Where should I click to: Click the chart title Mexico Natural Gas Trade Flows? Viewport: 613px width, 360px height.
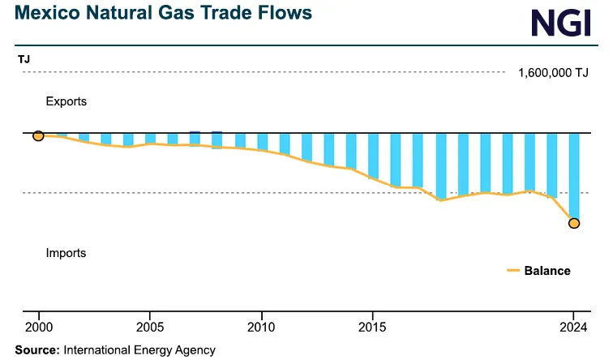(x=156, y=15)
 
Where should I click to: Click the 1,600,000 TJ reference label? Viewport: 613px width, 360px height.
(x=553, y=73)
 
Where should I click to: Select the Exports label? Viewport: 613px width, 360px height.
(x=66, y=102)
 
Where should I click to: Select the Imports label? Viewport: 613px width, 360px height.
(x=66, y=253)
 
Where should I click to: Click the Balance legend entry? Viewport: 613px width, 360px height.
(x=547, y=271)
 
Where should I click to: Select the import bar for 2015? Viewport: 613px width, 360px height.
(x=373, y=155)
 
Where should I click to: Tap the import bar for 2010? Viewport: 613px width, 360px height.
(x=262, y=141)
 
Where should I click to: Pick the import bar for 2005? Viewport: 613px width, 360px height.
(x=150, y=138)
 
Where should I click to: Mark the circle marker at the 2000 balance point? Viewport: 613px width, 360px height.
(x=38, y=135)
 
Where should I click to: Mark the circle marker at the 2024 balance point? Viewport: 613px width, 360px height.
(x=574, y=223)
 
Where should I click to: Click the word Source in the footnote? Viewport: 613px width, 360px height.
(x=36, y=350)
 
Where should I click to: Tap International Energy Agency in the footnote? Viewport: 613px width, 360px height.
(x=139, y=350)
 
